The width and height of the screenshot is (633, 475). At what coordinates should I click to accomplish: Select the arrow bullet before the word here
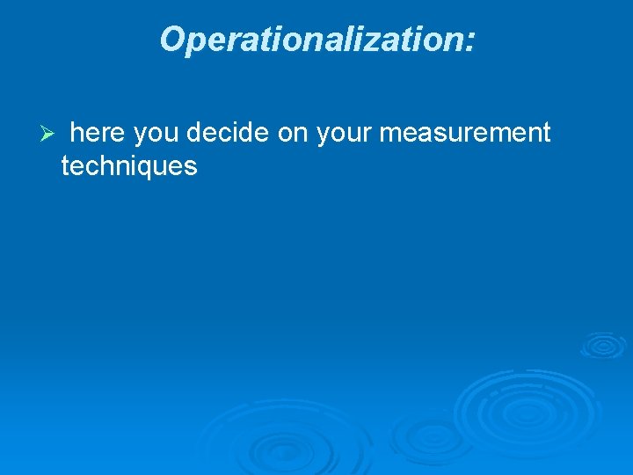click(x=49, y=134)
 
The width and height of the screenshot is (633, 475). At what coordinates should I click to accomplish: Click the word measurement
click(x=465, y=133)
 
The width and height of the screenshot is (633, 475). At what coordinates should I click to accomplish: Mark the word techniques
click(x=129, y=165)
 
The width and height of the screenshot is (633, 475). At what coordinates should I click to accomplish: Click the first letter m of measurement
click(x=390, y=134)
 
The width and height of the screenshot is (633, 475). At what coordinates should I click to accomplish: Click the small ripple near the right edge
click(x=603, y=346)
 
